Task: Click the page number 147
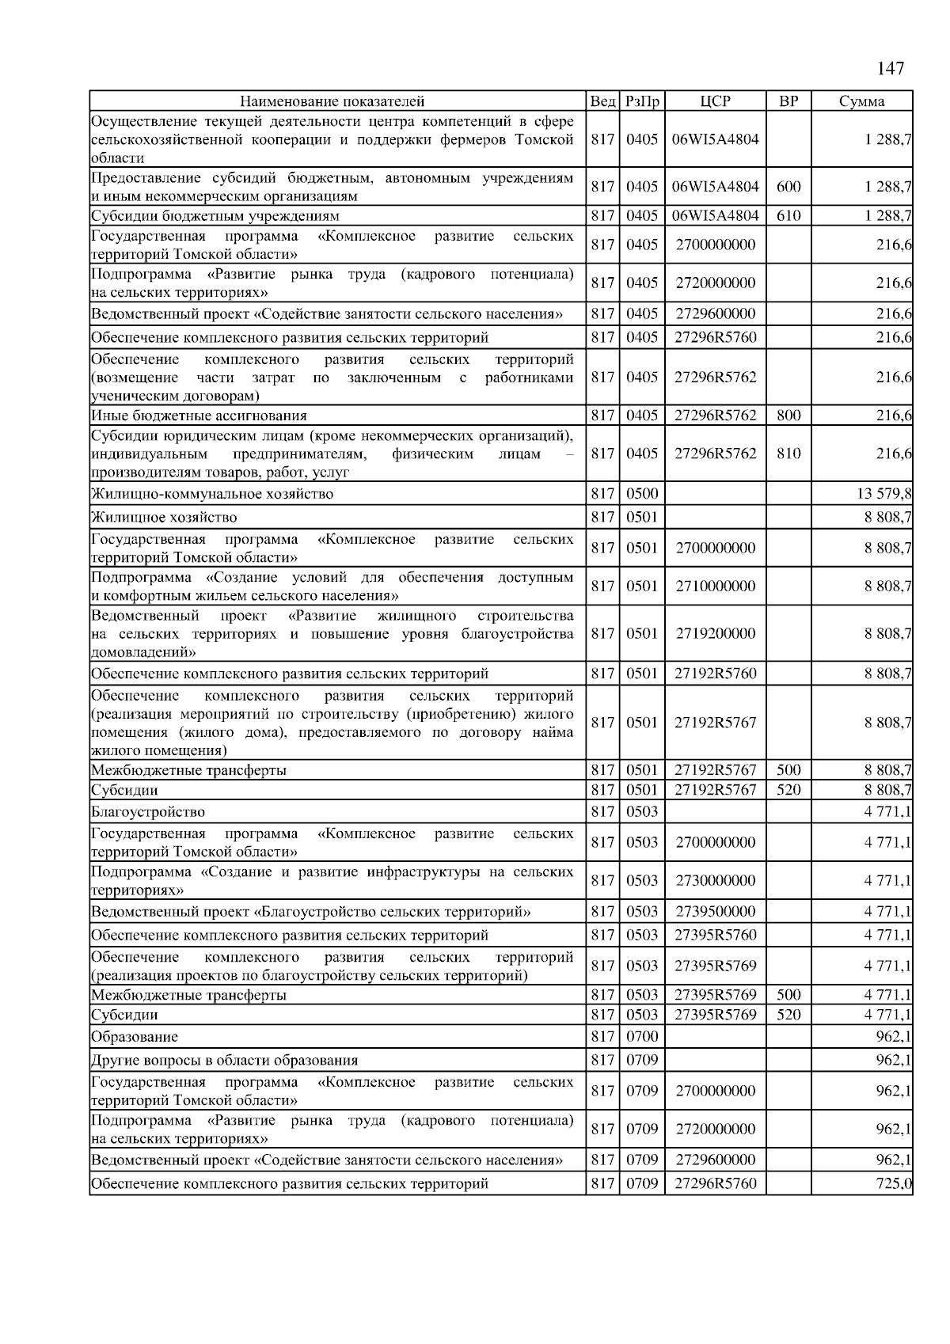click(x=891, y=69)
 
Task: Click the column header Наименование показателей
click(x=332, y=101)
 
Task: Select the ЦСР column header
click(x=715, y=101)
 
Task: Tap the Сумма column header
click(x=861, y=101)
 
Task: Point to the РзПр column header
click(x=642, y=101)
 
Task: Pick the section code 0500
click(x=642, y=494)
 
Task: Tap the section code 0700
click(x=642, y=1036)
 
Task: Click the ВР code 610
click(x=788, y=215)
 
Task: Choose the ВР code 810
click(x=788, y=454)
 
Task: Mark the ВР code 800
click(x=788, y=416)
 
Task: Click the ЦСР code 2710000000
click(x=715, y=586)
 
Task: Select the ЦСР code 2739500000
click(x=715, y=911)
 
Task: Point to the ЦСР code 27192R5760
click(x=715, y=674)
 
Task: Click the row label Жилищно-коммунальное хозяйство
click(x=212, y=494)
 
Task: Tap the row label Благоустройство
click(x=148, y=811)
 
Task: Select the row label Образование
click(x=135, y=1036)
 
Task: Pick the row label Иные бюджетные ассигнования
click(x=199, y=416)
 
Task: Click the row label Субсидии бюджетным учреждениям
click(x=215, y=215)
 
